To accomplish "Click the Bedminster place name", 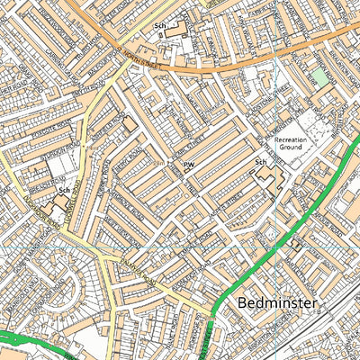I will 279,303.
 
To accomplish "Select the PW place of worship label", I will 189,166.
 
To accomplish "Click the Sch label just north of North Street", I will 160,27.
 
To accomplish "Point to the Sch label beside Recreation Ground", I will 261,163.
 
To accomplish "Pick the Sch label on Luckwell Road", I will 63,191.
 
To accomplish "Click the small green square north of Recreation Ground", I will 321,78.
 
